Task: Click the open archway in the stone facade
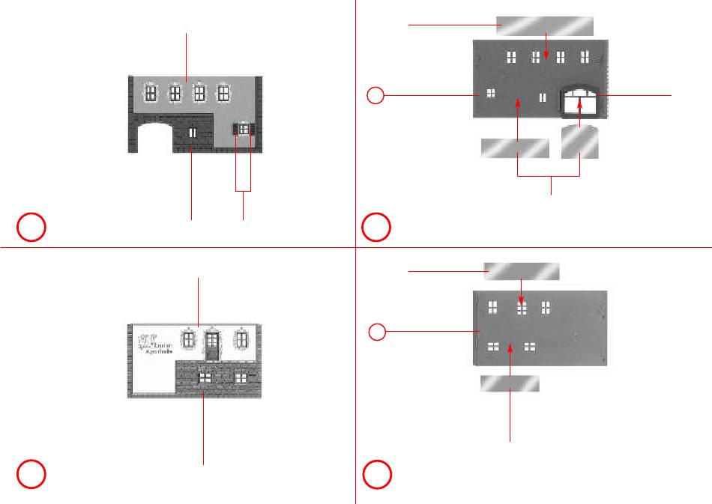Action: coord(154,140)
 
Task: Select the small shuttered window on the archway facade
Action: coord(244,130)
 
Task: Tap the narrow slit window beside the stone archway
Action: coord(193,133)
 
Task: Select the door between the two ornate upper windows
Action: coord(212,345)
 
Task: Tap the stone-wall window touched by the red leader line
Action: coord(204,378)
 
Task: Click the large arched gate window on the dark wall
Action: coord(580,102)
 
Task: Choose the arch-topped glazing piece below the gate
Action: coord(580,142)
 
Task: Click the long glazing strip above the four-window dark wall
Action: coord(545,25)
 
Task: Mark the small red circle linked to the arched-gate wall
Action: coord(377,95)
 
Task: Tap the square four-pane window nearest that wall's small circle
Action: coord(491,94)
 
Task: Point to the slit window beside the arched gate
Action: coord(542,97)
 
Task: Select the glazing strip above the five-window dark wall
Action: coord(522,270)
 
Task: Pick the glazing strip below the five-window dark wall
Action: coord(510,384)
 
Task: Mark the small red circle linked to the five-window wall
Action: coord(377,330)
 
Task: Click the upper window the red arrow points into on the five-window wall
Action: coord(522,307)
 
